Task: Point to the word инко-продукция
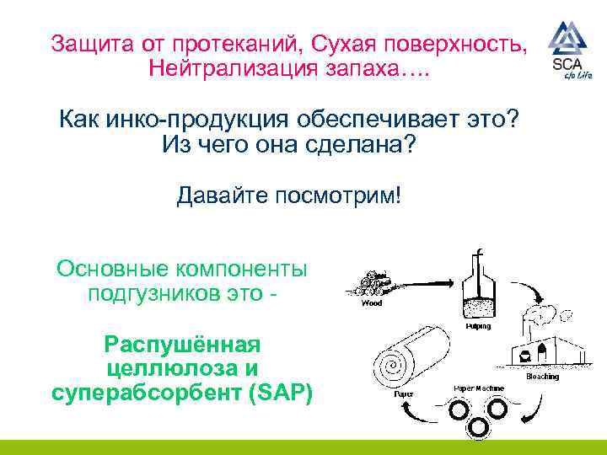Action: click(x=210, y=119)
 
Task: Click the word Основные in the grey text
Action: click(x=109, y=269)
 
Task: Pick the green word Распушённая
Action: click(x=181, y=344)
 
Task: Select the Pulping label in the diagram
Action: click(x=478, y=326)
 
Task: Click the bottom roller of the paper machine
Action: click(x=477, y=428)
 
